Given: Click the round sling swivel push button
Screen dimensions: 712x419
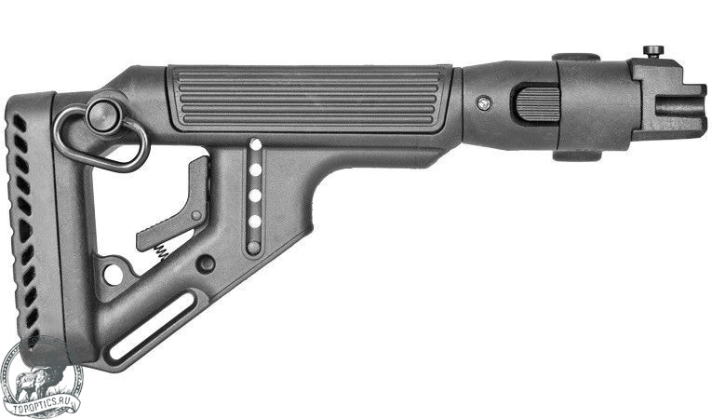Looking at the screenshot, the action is coord(104,116).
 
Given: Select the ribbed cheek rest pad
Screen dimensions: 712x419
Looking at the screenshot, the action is coord(307,98).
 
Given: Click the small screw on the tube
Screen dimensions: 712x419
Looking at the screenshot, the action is coord(485,103).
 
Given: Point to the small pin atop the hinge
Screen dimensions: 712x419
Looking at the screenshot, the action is coord(653,51).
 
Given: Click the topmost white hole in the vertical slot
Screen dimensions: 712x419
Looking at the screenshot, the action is coord(256,144).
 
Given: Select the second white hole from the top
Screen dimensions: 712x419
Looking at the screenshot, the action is coord(256,170).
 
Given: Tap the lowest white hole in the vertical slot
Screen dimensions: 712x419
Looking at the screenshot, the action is coord(255,222).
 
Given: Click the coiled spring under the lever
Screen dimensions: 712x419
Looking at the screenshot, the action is coord(162,251).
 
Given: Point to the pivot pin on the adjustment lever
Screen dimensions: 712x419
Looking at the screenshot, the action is coord(195,215).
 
